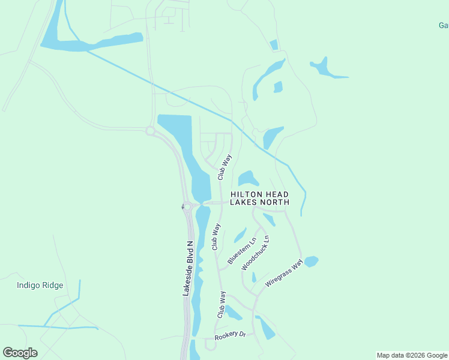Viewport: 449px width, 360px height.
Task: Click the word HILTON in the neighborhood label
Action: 247,194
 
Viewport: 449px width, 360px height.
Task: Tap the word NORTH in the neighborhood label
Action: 277,202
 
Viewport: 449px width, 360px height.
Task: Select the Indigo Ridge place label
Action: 40,285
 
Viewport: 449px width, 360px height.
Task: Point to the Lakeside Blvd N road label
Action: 187,269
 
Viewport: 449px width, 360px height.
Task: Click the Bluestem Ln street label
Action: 242,251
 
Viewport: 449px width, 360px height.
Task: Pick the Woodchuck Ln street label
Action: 256,252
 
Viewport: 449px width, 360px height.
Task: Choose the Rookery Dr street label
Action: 234,335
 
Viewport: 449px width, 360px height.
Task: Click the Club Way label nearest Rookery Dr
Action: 222,305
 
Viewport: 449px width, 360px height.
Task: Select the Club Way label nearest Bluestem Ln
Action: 216,236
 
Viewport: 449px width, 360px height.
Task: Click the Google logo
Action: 20,353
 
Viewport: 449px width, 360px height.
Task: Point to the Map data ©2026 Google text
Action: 412,355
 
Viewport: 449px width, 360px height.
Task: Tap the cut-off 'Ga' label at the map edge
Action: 444,25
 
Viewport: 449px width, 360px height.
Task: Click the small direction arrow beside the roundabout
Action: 183,207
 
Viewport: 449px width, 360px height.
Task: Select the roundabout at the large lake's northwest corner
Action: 150,130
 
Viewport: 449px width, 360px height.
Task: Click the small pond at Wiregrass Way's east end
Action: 311,261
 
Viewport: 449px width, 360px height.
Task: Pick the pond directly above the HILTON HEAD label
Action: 247,178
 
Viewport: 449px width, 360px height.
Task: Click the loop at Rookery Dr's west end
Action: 210,344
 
